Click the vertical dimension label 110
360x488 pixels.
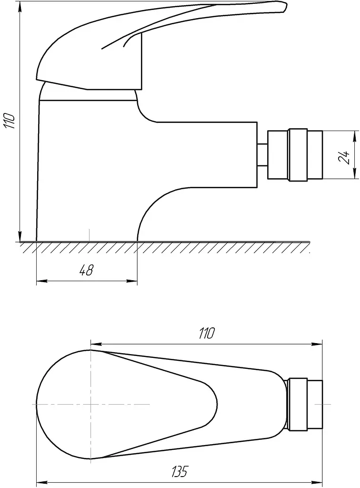(9, 121)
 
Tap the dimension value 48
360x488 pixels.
(86, 270)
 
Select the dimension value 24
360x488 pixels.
(344, 157)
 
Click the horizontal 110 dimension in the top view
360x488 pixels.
(206, 333)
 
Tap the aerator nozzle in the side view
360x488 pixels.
(295, 155)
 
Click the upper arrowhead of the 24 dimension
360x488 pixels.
(354, 135)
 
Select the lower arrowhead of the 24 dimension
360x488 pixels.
(354, 175)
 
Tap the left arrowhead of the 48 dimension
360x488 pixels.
(41, 282)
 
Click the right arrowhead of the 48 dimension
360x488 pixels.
(133, 282)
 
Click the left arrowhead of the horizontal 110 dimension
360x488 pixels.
(95, 344)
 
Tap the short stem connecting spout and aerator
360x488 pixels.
(263, 155)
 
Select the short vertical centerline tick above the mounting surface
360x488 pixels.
(90, 234)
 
